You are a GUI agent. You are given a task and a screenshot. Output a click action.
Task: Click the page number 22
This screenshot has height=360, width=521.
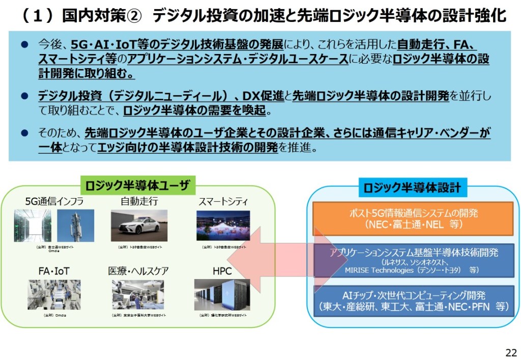(511, 352)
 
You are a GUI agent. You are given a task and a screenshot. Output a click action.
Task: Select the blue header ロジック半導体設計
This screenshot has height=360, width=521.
(412, 188)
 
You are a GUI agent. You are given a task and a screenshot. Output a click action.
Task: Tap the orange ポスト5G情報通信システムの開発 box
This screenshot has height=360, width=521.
(413, 218)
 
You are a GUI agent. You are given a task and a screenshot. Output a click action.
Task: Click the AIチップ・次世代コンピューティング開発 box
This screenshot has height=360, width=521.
(413, 301)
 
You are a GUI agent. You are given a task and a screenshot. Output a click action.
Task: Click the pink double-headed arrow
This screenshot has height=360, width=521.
(291, 260)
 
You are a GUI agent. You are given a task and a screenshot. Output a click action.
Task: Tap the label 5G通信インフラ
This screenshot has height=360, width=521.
(54, 202)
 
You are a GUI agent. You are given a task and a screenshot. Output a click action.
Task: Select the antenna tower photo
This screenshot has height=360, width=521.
(75, 226)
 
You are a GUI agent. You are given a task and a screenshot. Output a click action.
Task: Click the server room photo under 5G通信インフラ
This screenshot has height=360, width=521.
(33, 226)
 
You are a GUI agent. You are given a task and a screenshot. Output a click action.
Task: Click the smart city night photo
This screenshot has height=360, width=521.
(223, 226)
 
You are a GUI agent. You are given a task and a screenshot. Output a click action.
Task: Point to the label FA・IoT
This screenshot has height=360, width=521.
(54, 271)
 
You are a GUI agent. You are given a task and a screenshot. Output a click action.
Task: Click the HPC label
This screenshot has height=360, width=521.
(222, 271)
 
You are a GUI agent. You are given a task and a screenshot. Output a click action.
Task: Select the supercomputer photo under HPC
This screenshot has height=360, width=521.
(222, 295)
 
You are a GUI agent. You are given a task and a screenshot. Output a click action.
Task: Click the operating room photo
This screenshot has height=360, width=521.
(138, 295)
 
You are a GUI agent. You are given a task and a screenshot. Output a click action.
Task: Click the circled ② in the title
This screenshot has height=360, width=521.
(131, 16)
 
